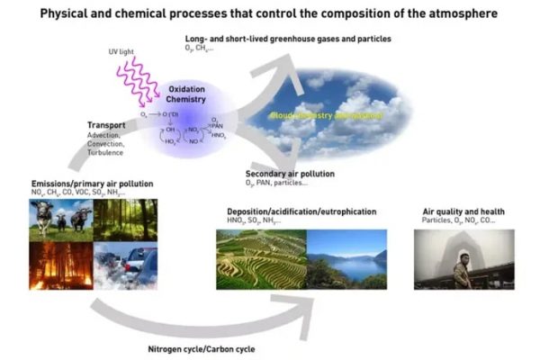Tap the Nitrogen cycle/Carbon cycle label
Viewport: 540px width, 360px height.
pos(210,347)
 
